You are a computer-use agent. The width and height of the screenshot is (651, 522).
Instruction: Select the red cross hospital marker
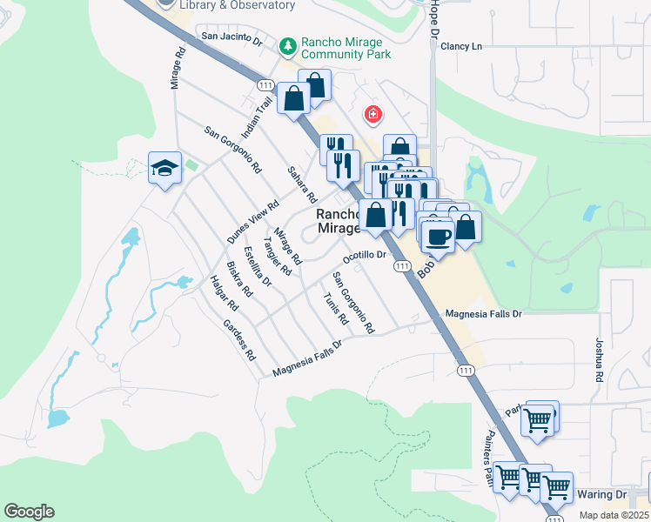[372, 114]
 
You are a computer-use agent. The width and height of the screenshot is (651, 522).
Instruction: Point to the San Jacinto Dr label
[232, 37]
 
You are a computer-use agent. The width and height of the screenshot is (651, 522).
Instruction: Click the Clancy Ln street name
[461, 46]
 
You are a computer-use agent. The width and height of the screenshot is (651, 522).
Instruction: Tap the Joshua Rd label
[600, 361]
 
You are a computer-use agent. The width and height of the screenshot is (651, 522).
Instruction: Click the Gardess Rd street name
[239, 341]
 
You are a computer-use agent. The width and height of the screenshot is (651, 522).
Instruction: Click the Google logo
[29, 512]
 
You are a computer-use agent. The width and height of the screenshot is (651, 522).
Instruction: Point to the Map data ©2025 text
[614, 515]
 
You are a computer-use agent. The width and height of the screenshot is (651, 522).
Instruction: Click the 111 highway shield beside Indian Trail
[266, 84]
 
